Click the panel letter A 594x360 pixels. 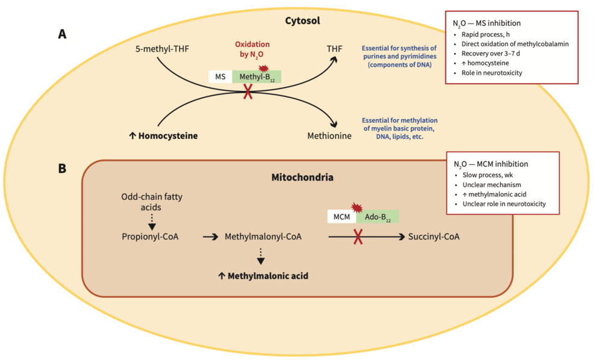coord(62,34)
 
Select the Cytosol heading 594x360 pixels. coord(302,21)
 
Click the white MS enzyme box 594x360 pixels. coord(220,76)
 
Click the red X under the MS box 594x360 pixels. coord(247,92)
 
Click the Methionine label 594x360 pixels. coord(329,136)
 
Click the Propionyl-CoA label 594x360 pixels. coord(150,237)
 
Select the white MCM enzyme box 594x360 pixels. coord(341,217)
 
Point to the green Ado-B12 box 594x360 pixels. coord(378,217)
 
